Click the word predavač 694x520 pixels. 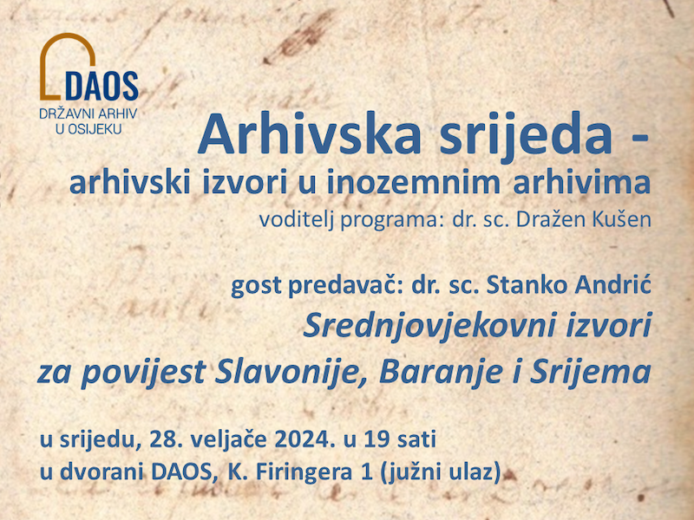pyautogui.click(x=337, y=285)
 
